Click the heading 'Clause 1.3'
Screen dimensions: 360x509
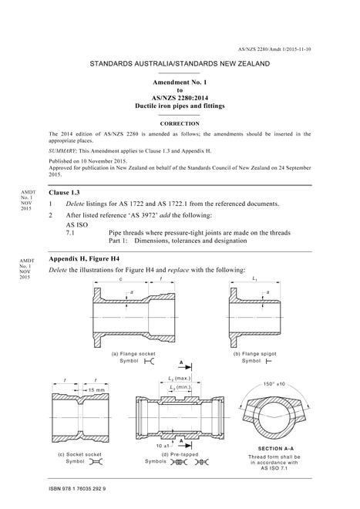click(x=64, y=193)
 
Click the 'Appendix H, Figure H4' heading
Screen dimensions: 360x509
click(x=84, y=258)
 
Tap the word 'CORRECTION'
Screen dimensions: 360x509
click(x=180, y=123)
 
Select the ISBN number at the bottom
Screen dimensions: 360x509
click(x=77, y=488)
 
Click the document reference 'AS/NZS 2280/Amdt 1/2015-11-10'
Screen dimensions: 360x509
click(x=274, y=49)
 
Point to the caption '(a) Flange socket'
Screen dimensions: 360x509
click(x=133, y=354)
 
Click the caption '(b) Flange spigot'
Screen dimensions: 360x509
click(x=255, y=354)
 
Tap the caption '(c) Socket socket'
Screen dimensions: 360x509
click(x=79, y=454)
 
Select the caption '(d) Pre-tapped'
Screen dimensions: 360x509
click(x=177, y=454)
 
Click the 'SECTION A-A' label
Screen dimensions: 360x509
click(x=276, y=449)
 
